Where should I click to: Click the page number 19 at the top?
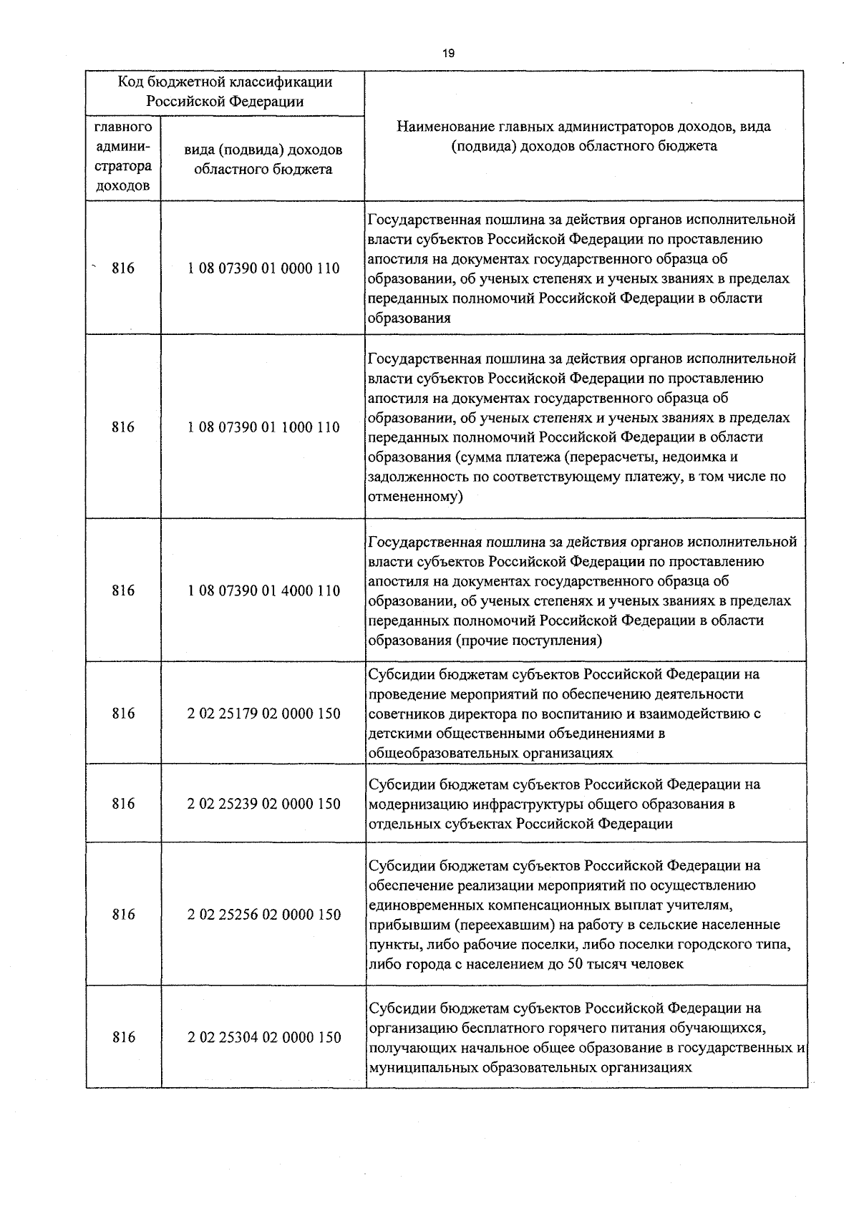point(449,53)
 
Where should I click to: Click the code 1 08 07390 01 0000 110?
point(263,269)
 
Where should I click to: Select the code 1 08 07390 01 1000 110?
point(263,427)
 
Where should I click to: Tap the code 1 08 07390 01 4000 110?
point(263,590)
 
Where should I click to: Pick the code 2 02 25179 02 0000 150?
point(264,714)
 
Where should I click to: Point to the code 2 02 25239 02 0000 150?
point(264,804)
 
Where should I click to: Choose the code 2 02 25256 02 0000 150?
point(264,915)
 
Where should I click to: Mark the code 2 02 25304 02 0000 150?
point(264,1037)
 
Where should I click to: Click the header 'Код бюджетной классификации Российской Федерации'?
point(225,92)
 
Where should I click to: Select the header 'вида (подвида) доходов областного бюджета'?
point(263,160)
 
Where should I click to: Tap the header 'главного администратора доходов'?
point(123,157)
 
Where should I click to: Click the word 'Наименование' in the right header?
point(441,127)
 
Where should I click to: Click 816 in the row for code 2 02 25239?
point(123,804)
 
